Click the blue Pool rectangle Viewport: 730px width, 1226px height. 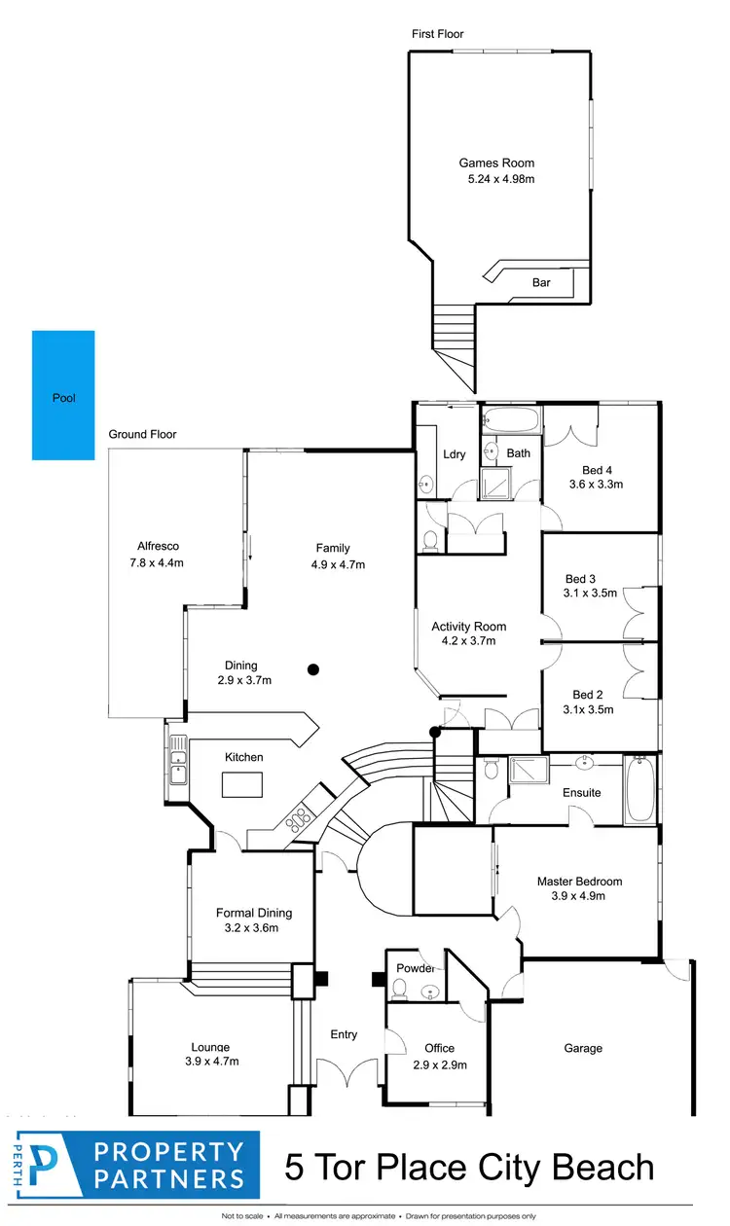click(x=63, y=395)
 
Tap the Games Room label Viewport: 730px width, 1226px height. click(x=496, y=163)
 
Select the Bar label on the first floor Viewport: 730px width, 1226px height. click(x=541, y=283)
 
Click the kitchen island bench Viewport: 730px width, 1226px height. click(x=242, y=783)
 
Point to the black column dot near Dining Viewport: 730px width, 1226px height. click(x=313, y=668)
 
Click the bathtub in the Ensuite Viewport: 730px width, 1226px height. click(x=639, y=789)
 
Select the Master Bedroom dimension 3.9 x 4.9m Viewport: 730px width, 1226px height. click(x=579, y=896)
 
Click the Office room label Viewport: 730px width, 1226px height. click(x=439, y=1048)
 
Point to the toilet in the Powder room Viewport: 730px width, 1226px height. click(x=398, y=990)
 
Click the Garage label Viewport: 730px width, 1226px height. click(x=583, y=1048)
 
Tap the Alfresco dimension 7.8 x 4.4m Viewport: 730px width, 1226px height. click(x=157, y=562)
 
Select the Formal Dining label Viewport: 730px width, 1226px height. click(x=253, y=913)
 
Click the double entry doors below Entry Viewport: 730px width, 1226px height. click(x=344, y=1073)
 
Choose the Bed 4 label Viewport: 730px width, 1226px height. click(x=595, y=468)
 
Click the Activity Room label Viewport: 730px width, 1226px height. click(x=469, y=627)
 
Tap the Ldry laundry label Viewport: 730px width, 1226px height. click(x=454, y=454)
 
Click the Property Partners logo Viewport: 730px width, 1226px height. click(x=135, y=1165)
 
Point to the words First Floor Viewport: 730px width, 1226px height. click(x=438, y=34)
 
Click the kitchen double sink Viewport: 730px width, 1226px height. click(x=178, y=760)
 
